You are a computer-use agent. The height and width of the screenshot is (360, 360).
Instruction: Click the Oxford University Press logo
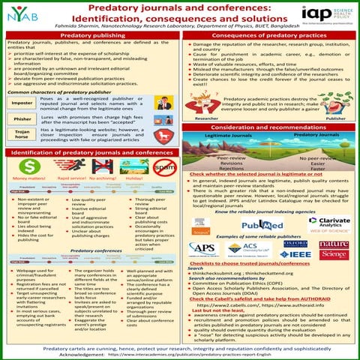point(295,244)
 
